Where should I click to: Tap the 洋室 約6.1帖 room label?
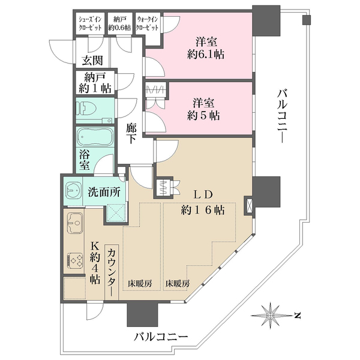pos(205,47)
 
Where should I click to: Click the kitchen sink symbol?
pos(75,223)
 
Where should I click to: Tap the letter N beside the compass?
pos(296,314)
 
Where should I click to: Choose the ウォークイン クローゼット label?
pos(149,23)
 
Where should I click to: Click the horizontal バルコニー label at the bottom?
pos(161,337)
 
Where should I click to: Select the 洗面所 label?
pos(103,194)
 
